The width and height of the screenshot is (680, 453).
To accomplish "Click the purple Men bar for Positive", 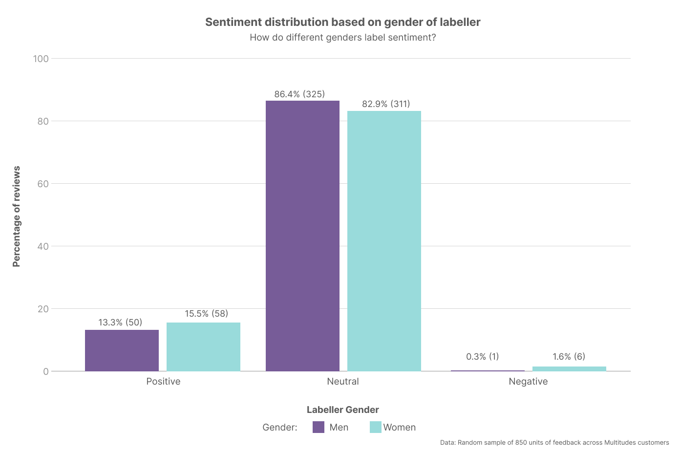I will point(122,350).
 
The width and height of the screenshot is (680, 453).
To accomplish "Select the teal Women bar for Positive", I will point(203,346).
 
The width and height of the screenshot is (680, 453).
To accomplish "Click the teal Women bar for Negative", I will point(569,369).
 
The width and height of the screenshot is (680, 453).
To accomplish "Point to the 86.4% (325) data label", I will point(299,94).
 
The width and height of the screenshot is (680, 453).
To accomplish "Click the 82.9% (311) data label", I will point(386,104).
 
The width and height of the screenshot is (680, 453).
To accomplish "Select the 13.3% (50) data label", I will point(120,323).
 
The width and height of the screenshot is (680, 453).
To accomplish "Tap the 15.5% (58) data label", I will point(206,314).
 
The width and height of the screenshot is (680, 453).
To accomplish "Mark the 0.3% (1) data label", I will point(483,357).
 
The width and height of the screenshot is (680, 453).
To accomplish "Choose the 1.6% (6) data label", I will point(569,357).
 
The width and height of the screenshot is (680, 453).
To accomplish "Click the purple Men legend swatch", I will point(319,427).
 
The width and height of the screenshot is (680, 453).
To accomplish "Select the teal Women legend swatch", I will point(375,427).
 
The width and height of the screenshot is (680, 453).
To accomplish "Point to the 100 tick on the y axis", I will point(41,59).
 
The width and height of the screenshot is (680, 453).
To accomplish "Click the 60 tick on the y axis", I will point(43,184).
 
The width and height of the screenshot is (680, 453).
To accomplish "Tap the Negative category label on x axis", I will point(528,382).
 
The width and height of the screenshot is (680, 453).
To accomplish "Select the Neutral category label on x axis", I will point(343,382).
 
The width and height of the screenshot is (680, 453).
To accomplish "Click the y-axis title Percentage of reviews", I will point(17,216).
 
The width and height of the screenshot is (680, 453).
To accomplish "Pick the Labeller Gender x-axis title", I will point(343,410).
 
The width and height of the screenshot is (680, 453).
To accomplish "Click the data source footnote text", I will point(554,443).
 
